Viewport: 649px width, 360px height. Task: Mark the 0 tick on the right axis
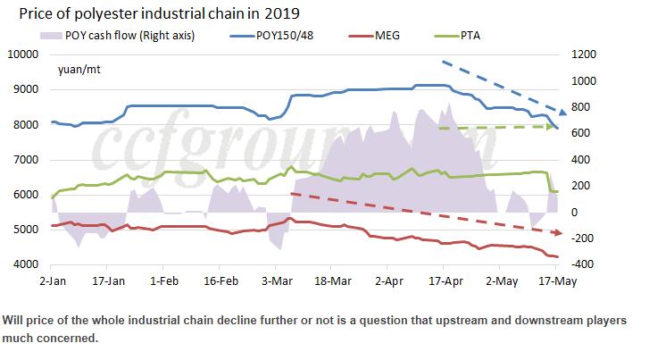(x=571, y=213)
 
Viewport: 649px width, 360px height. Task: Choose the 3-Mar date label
(x=282, y=279)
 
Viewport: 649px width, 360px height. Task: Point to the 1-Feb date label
(x=167, y=279)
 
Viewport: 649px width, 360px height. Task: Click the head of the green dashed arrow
(x=560, y=127)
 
